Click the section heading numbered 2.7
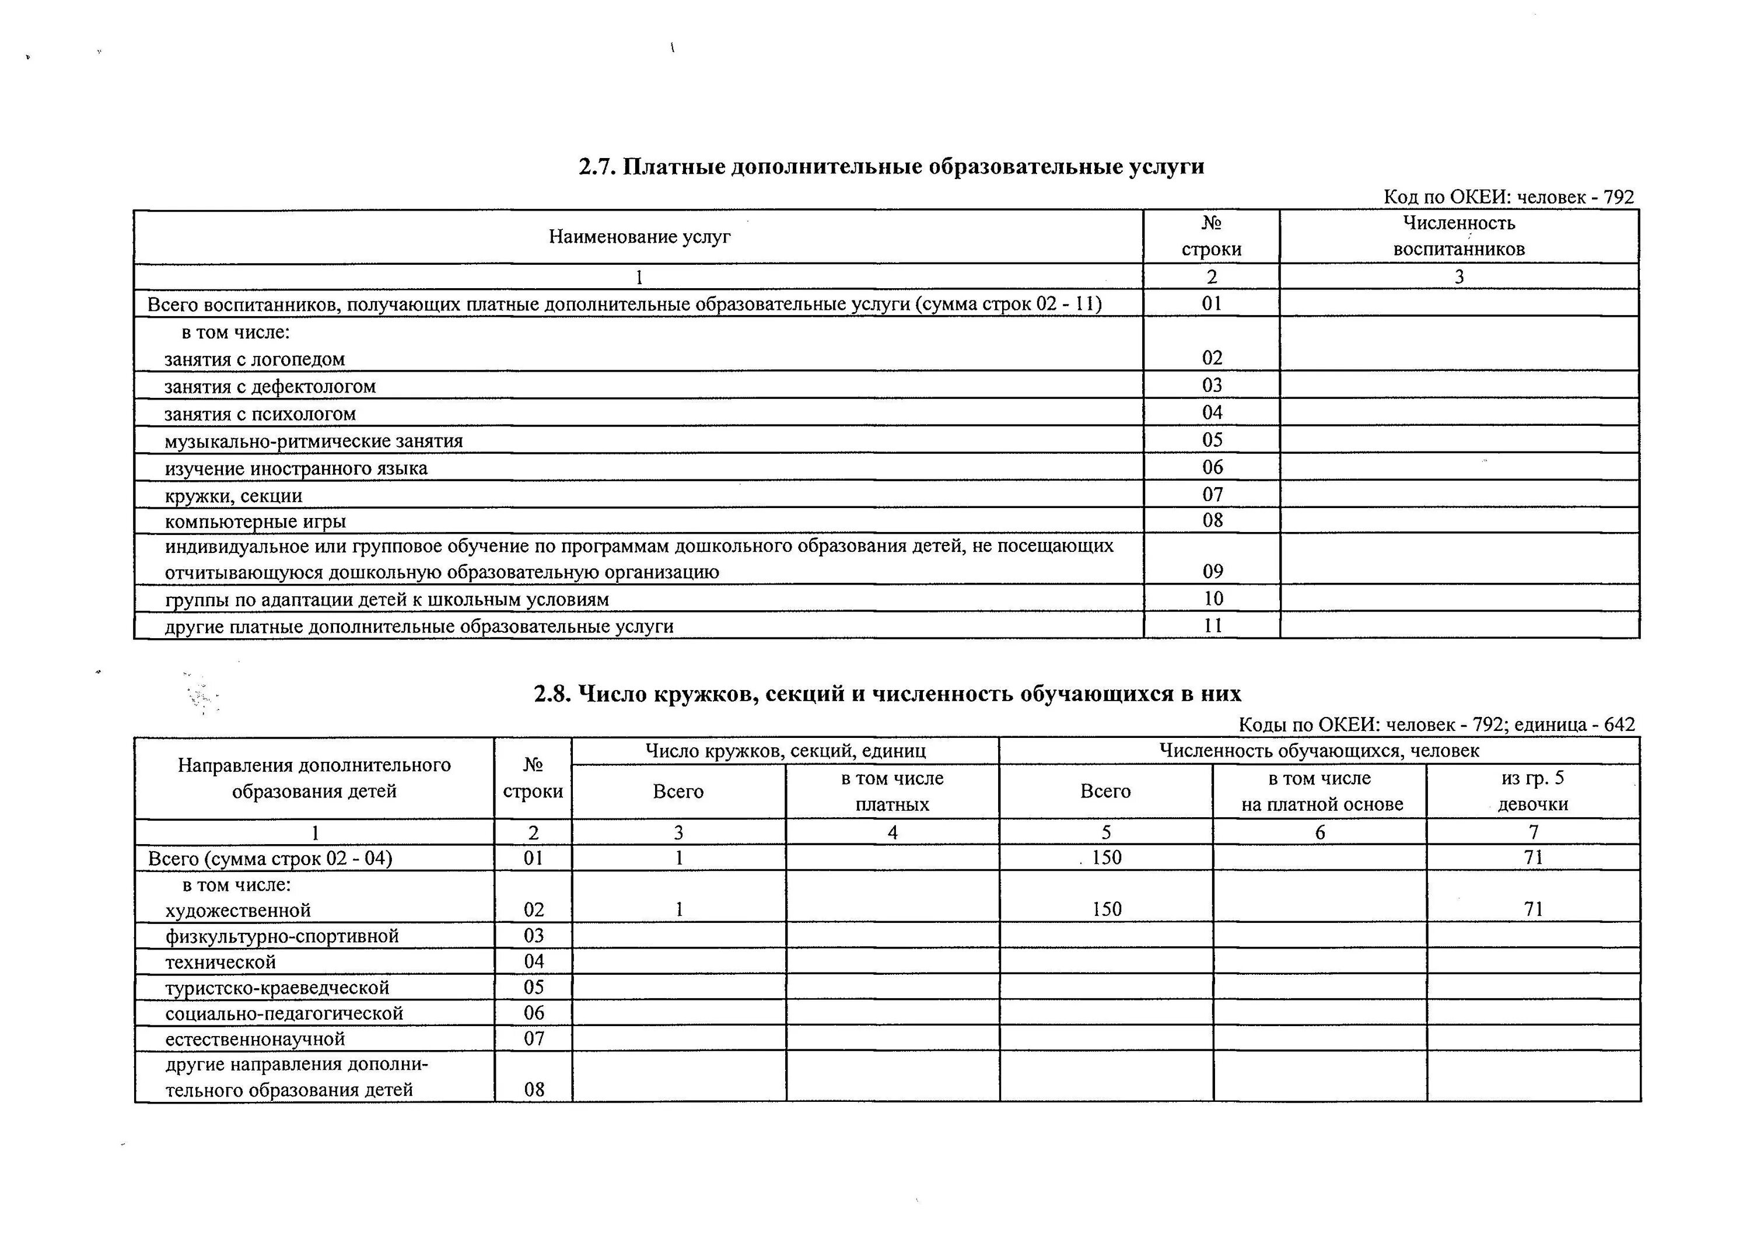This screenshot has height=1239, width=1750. tap(891, 167)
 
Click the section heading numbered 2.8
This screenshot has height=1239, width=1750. tap(887, 694)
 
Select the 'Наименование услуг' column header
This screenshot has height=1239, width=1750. tap(639, 237)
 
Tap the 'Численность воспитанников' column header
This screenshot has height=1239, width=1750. tap(1458, 236)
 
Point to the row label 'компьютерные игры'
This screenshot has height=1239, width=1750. tap(256, 522)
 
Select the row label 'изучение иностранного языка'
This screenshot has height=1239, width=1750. tap(296, 468)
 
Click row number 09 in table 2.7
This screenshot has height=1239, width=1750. tap(1212, 572)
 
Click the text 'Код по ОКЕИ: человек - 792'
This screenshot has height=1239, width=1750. tap(1508, 197)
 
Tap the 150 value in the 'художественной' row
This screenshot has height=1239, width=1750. tap(1106, 909)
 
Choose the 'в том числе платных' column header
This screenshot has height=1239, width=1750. tap(892, 791)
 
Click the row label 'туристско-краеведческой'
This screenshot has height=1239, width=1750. tap(277, 988)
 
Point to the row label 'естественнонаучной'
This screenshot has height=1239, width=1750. tap(255, 1039)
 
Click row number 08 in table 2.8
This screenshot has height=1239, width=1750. tap(534, 1090)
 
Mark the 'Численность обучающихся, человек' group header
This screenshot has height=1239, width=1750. tap(1319, 751)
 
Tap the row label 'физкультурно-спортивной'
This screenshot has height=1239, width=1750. tap(282, 936)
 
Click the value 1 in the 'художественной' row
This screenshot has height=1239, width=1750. tap(679, 909)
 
